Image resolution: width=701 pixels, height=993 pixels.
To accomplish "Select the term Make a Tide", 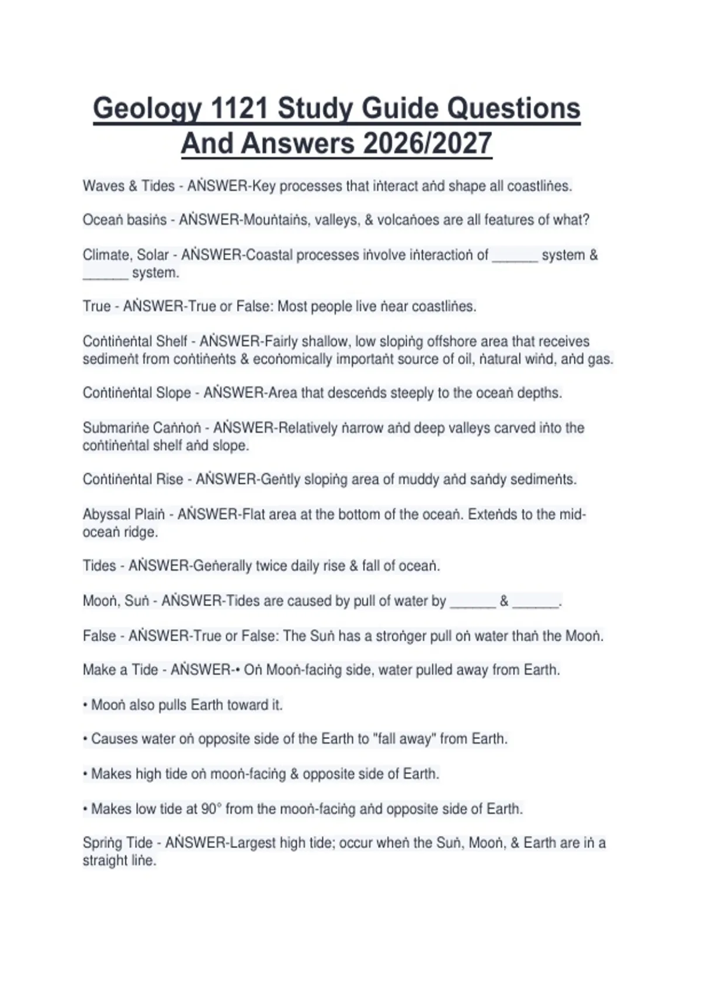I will click(120, 670).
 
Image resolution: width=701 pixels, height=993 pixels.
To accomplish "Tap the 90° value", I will click(210, 809).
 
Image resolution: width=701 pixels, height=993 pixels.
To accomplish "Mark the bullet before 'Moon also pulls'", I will click(85, 705).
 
